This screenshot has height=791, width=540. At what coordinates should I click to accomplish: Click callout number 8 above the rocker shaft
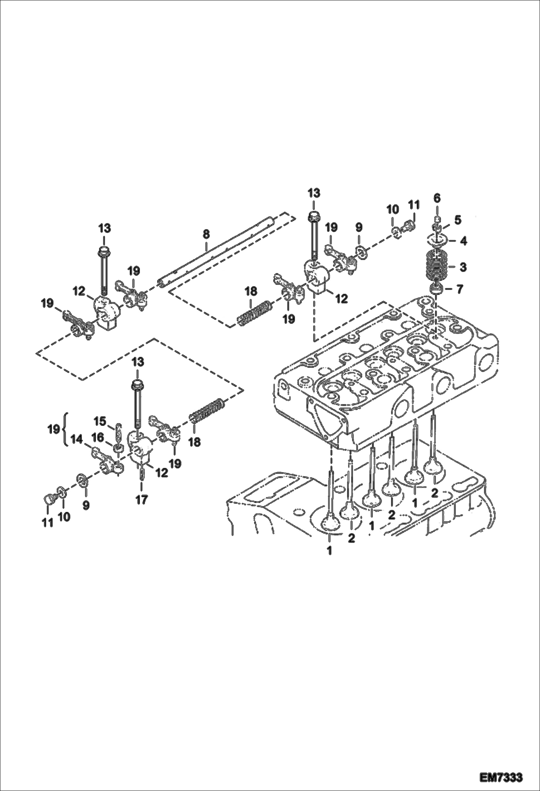[x=206, y=234]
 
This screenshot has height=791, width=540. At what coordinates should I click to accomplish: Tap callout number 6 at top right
[x=437, y=198]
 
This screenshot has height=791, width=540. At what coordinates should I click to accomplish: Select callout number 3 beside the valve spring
[x=463, y=268]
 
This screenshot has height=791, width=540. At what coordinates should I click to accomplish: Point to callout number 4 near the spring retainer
[x=464, y=241]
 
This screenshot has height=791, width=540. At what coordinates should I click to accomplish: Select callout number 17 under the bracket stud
[x=142, y=500]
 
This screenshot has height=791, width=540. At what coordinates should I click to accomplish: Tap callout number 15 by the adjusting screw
[x=100, y=421]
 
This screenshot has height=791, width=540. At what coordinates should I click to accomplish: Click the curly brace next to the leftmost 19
[x=65, y=429]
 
